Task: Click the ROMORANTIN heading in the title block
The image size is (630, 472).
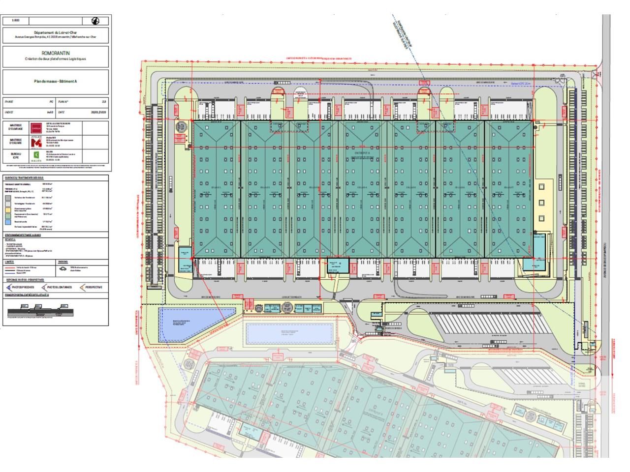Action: [x=56, y=52]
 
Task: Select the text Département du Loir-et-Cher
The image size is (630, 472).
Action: [x=56, y=32]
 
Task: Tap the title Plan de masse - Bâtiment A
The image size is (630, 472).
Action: [x=56, y=81]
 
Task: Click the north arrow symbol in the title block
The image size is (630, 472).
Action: [x=96, y=21]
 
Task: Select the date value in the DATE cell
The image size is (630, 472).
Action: [x=98, y=112]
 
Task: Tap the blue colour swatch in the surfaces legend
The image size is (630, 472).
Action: [x=8, y=222]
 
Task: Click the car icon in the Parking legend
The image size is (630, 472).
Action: [x=63, y=268]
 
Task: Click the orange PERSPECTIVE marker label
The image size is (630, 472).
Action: [x=94, y=287]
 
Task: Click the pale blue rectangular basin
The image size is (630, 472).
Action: [x=289, y=333]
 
